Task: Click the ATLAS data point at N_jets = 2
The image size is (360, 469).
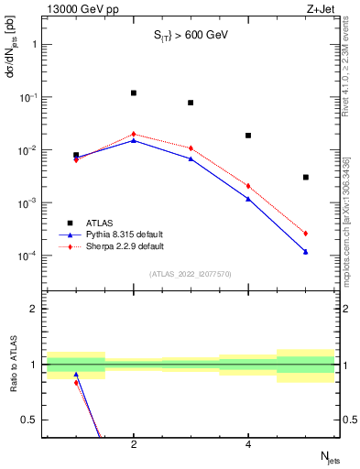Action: pyautogui.click(x=134, y=93)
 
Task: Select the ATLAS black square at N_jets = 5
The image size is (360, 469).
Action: pyautogui.click(x=306, y=177)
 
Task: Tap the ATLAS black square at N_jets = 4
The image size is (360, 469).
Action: pyautogui.click(x=248, y=136)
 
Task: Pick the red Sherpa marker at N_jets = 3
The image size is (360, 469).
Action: pyautogui.click(x=191, y=148)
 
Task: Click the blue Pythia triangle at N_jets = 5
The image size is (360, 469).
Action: pyautogui.click(x=306, y=251)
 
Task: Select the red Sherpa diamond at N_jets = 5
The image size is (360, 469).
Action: pyautogui.click(x=306, y=234)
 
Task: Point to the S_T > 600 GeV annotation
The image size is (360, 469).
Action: pyautogui.click(x=190, y=35)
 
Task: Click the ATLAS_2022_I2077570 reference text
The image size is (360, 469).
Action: pyautogui.click(x=190, y=274)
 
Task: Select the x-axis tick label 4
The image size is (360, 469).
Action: pyautogui.click(x=248, y=444)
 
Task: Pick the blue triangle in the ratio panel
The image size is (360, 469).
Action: pyautogui.click(x=76, y=375)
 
